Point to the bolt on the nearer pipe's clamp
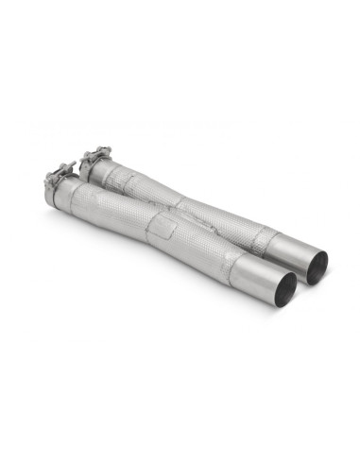click(68, 167)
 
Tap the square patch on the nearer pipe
click(168, 230)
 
